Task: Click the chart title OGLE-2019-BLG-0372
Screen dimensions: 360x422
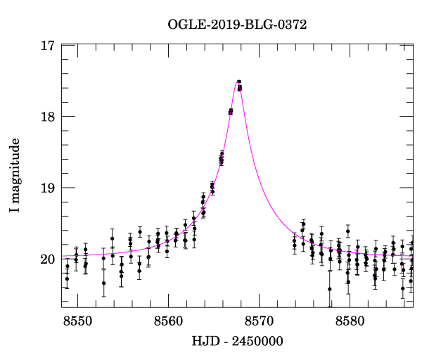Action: pyautogui.click(x=237, y=25)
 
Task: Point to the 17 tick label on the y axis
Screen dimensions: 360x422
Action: pyautogui.click(x=48, y=46)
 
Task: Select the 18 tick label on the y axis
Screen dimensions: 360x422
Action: pyautogui.click(x=48, y=117)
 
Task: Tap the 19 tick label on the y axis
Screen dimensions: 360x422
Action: pyautogui.click(x=48, y=188)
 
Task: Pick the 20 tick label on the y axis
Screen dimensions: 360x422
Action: pyautogui.click(x=48, y=259)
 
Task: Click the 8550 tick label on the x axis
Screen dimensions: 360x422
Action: pyautogui.click(x=77, y=321)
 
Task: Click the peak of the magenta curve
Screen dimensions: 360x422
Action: pyautogui.click(x=238, y=81)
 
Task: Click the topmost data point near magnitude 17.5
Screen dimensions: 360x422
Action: pyautogui.click(x=239, y=82)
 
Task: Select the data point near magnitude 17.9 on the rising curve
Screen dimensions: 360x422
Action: pyautogui.click(x=231, y=111)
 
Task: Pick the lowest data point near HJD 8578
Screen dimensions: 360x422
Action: pyautogui.click(x=329, y=289)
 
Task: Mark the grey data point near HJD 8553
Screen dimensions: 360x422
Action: pyautogui.click(x=103, y=269)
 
